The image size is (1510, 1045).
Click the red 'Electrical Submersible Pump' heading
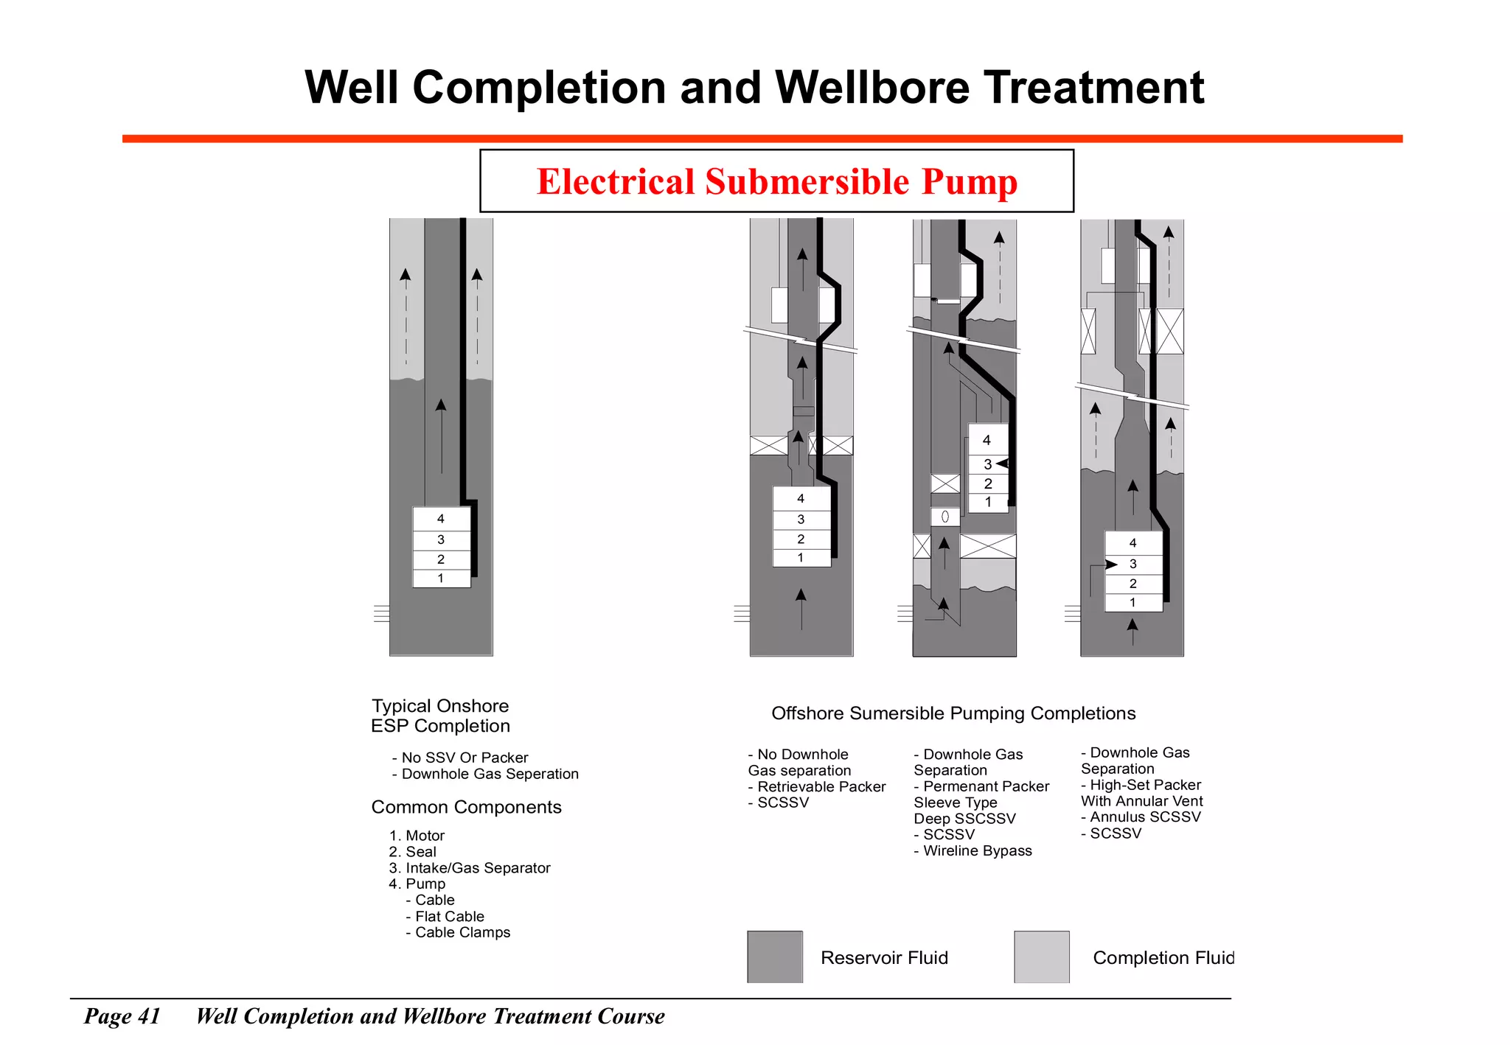[x=776, y=181]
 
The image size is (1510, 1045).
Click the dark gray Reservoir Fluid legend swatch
[x=774, y=957]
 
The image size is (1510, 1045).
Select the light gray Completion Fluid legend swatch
[x=1041, y=957]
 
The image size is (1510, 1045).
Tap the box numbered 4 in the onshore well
[x=441, y=519]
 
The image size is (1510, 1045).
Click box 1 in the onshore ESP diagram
[x=441, y=579]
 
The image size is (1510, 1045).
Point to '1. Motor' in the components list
[x=417, y=836]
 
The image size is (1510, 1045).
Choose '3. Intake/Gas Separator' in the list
[x=470, y=868]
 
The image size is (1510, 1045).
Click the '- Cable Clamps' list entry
[x=458, y=932]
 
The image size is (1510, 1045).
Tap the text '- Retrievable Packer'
[x=817, y=787]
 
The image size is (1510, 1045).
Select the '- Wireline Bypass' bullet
[x=973, y=851]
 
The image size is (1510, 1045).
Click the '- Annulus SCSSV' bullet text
[x=1141, y=817]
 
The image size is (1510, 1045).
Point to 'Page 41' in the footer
[x=122, y=1016]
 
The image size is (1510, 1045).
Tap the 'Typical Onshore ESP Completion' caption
[x=440, y=716]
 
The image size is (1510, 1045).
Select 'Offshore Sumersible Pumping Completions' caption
[x=953, y=713]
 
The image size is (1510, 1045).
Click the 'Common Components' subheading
[x=466, y=807]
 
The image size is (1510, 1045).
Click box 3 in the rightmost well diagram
[x=1133, y=564]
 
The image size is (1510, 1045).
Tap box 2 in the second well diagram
[x=801, y=539]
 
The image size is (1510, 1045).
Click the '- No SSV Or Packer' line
[x=460, y=758]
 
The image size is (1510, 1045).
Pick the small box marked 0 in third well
[x=944, y=517]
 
